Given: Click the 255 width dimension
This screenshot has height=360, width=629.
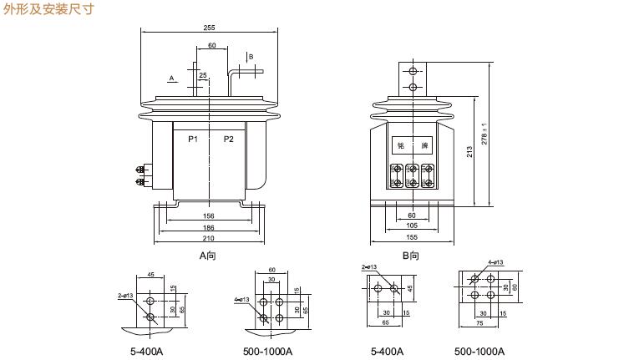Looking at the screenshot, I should pyautogui.click(x=209, y=28).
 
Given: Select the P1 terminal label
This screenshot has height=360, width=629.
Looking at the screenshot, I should pyautogui.click(x=193, y=139).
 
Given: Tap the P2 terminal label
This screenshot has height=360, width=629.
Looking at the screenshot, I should pyautogui.click(x=229, y=139).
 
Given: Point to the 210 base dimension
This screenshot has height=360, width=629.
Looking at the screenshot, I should pyautogui.click(x=209, y=238).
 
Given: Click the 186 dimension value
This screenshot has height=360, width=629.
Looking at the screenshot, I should pyautogui.click(x=209, y=226).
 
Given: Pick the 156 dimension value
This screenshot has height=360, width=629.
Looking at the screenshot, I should pyautogui.click(x=209, y=215).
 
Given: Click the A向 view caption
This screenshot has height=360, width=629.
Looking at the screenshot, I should pyautogui.click(x=208, y=256).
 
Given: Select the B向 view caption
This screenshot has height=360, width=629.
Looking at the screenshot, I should pyautogui.click(x=411, y=256).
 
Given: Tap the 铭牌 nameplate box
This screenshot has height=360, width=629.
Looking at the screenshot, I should pyautogui.click(x=412, y=145).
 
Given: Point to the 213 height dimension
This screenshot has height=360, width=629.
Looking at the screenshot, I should pyautogui.click(x=471, y=152).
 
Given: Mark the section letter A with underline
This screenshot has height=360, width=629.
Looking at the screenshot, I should pyautogui.click(x=171, y=77).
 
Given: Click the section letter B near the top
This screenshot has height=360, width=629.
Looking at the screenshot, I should pyautogui.click(x=250, y=57).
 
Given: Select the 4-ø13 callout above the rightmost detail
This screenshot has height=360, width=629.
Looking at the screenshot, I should pyautogui.click(x=495, y=262).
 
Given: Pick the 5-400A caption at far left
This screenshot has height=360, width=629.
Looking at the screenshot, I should pyautogui.click(x=146, y=351).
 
